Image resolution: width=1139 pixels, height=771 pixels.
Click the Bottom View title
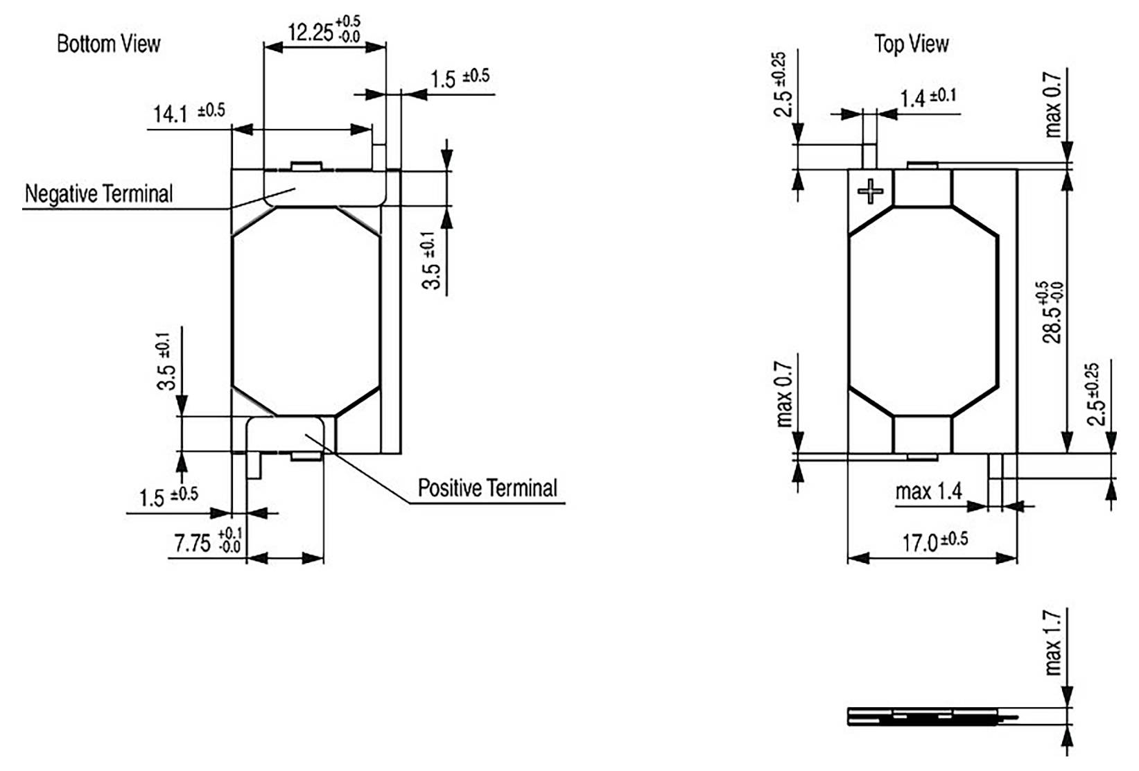(x=108, y=44)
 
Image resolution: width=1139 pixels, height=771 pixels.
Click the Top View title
(x=911, y=44)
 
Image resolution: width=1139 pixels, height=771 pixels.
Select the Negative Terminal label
(x=98, y=193)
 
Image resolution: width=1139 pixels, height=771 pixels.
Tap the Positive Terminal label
(x=487, y=488)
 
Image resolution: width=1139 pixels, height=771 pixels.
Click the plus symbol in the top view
(x=870, y=190)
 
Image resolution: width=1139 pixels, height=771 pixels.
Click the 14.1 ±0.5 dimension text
(x=188, y=112)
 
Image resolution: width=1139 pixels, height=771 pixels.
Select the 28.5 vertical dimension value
(x=1052, y=312)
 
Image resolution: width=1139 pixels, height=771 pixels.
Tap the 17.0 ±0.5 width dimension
(x=934, y=542)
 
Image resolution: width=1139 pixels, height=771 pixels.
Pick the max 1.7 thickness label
(x=1052, y=643)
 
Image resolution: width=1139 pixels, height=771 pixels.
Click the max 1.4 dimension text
(x=928, y=492)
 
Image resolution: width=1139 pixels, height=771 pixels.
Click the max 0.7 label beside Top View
(x=1052, y=104)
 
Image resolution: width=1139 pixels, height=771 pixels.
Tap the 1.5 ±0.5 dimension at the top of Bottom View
(x=460, y=78)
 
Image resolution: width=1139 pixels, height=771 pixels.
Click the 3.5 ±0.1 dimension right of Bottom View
(x=431, y=261)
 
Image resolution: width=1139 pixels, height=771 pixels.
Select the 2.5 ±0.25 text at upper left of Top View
(x=781, y=85)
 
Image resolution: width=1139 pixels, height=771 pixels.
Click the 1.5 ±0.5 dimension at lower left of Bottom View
(x=168, y=496)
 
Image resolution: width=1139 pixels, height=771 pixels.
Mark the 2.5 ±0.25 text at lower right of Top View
(x=1095, y=394)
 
